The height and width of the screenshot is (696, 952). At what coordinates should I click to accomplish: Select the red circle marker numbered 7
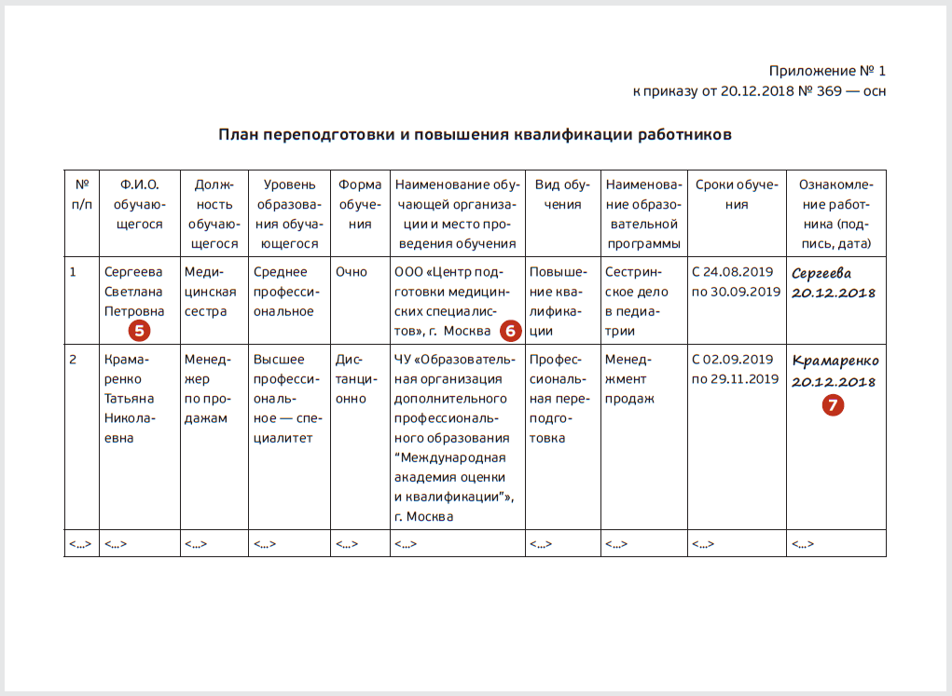[x=833, y=404]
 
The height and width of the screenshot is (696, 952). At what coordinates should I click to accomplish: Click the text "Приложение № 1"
[x=827, y=71]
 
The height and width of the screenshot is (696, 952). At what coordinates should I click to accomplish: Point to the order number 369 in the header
[x=828, y=91]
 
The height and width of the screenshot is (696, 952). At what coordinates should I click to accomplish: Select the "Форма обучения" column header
[x=360, y=204]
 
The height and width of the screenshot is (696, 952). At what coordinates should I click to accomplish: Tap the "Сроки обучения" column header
[x=737, y=195]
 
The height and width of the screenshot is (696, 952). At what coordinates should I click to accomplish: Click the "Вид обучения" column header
[x=562, y=195]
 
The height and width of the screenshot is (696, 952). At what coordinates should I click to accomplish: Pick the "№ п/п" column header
[x=81, y=195]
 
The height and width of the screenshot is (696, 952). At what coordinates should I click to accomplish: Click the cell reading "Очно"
[x=352, y=272]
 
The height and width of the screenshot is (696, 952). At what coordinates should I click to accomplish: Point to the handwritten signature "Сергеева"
[x=821, y=274]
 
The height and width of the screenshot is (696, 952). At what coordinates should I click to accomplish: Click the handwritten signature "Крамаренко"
[x=835, y=361]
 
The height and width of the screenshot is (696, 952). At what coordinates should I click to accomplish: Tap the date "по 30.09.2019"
[x=736, y=292]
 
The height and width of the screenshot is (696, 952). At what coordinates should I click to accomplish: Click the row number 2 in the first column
[x=73, y=359]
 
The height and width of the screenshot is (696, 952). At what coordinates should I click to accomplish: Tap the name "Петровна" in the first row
[x=134, y=311]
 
